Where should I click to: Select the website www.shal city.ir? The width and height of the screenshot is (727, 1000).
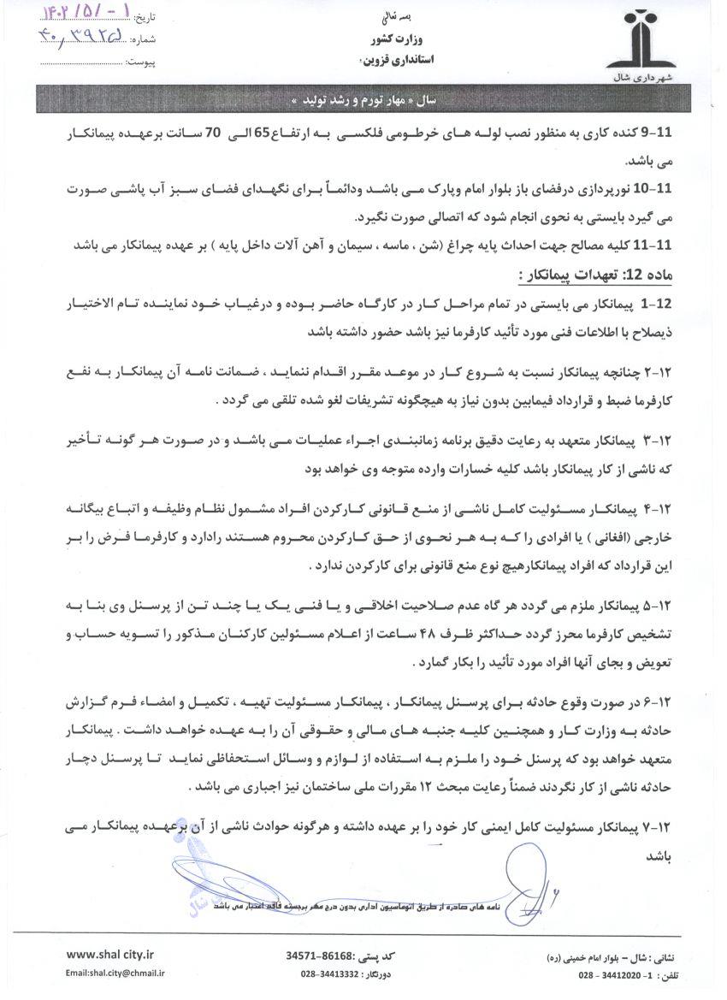pos(110,955)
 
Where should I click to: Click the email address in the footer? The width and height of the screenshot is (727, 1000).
pos(115,973)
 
